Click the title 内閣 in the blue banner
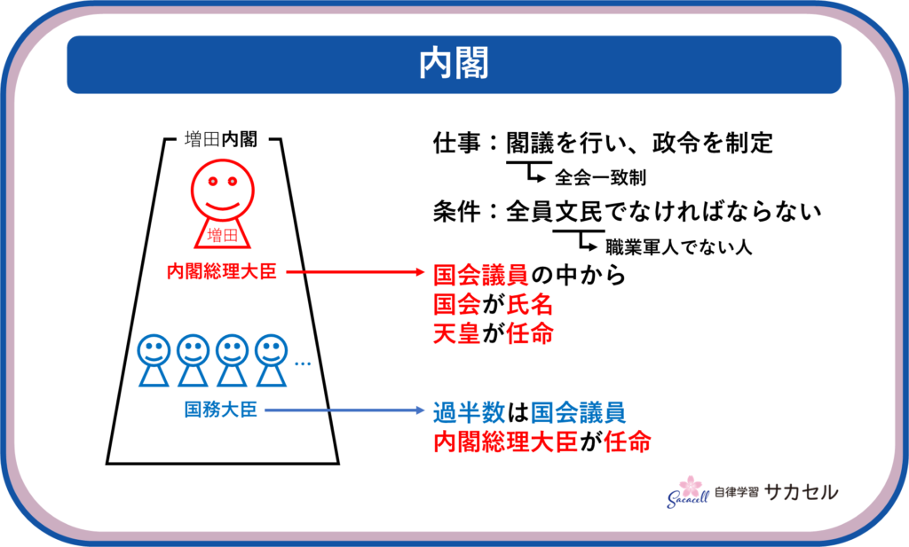(x=454, y=64)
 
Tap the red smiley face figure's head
(x=221, y=189)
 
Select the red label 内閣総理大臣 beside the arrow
(x=222, y=271)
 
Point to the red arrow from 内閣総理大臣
(x=355, y=272)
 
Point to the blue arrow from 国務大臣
(x=346, y=410)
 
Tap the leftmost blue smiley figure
(x=154, y=358)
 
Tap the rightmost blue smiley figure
(x=271, y=358)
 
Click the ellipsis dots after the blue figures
(x=302, y=363)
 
